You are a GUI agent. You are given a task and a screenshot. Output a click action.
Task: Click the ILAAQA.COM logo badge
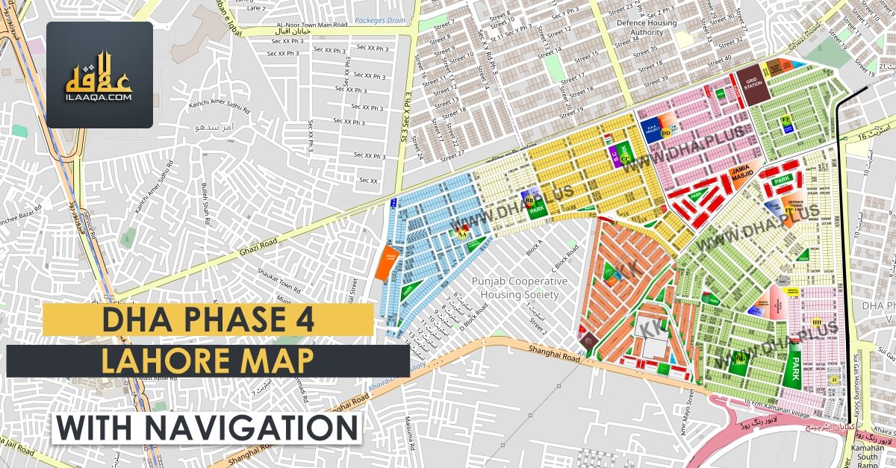pyautogui.click(x=99, y=75)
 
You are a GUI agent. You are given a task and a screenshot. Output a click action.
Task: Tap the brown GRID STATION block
pyautogui.click(x=752, y=78)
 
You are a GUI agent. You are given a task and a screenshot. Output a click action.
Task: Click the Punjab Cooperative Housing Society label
pyautogui.click(x=519, y=287)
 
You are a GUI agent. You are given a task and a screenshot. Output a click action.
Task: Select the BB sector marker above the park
pyautogui.click(x=530, y=200)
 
